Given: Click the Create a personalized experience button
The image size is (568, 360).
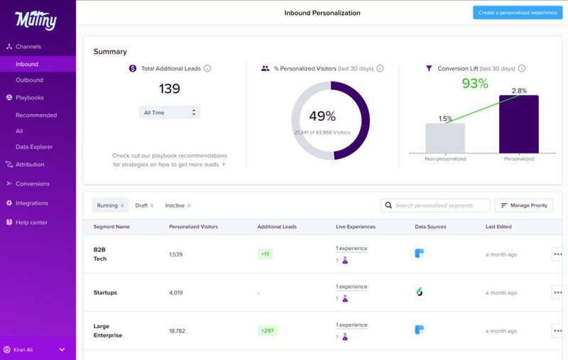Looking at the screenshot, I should click(x=517, y=13).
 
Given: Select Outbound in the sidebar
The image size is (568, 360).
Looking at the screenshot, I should click(x=30, y=80).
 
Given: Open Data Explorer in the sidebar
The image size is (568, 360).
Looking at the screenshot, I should click(x=34, y=147).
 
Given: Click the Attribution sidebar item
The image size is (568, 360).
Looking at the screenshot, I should click(x=30, y=165).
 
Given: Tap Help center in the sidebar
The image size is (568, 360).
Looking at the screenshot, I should click(x=31, y=222).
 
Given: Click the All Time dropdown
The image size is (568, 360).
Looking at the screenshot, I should click(x=170, y=112).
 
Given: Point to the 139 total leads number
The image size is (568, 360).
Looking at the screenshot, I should click(x=170, y=89).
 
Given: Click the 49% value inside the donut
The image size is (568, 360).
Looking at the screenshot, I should click(x=322, y=116).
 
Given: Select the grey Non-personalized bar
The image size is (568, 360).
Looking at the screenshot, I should click(x=445, y=138).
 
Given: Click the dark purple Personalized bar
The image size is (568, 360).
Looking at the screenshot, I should click(x=518, y=124).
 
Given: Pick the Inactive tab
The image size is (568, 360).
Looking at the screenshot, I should click(x=177, y=205).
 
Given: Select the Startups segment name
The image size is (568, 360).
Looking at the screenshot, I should click(x=105, y=293).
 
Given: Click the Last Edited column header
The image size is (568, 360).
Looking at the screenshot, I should click(x=498, y=227).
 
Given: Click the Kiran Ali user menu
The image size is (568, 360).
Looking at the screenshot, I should click(x=35, y=349).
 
